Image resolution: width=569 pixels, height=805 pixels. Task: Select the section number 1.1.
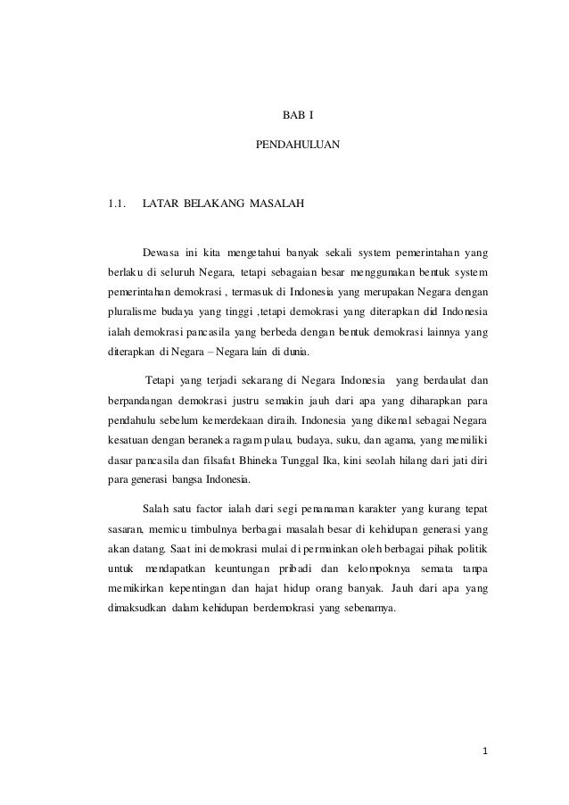tap(111, 205)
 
